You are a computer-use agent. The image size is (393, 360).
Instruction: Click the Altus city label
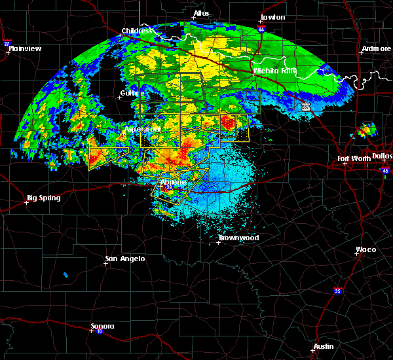[x=201, y=13]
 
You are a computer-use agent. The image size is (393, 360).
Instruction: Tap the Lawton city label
[x=272, y=17]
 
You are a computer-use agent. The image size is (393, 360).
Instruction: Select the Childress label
[x=137, y=31]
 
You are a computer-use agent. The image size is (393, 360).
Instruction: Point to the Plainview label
[x=26, y=48]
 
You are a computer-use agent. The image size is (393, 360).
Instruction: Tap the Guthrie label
[x=132, y=93]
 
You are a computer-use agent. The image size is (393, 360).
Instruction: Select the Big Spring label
[x=43, y=198]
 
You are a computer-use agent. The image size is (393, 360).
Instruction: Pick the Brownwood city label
[x=238, y=238]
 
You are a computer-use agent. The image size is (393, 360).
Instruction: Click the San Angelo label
[x=125, y=259]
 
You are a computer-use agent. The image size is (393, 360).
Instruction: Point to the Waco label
[x=365, y=249]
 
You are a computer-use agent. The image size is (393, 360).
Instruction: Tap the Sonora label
[x=102, y=326]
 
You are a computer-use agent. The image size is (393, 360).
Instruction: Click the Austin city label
[x=323, y=346]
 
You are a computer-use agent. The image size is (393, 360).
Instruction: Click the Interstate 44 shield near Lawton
[x=262, y=29]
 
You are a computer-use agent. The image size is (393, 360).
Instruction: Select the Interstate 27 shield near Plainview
[x=7, y=43]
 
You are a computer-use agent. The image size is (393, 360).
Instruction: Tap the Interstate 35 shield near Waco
[x=337, y=290]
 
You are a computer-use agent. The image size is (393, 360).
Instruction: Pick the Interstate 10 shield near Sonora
[x=91, y=331]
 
